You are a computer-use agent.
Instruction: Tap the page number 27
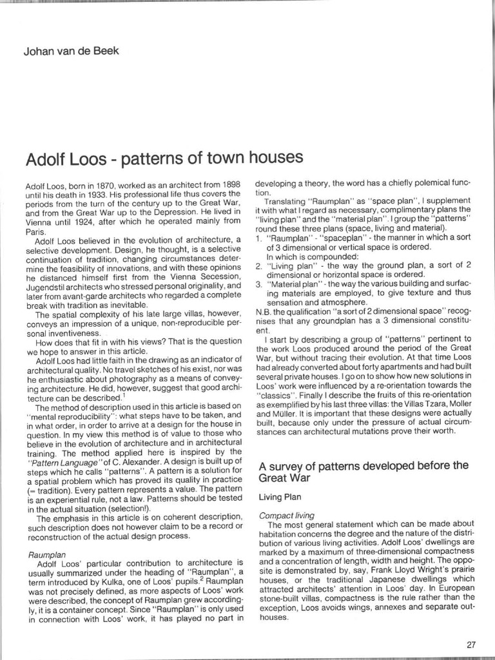(x=470, y=644)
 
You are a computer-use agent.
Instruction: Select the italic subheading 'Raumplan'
(x=44, y=554)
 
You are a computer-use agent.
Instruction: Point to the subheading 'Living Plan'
(x=281, y=497)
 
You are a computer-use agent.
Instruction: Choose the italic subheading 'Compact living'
(x=286, y=515)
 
